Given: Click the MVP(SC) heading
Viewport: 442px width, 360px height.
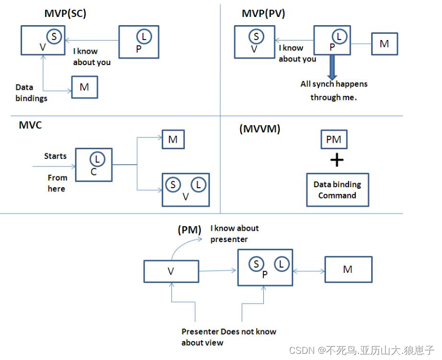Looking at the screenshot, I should [x=65, y=13].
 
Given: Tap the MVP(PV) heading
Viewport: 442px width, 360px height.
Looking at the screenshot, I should [x=263, y=13].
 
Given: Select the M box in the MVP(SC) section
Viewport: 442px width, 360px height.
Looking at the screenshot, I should [x=84, y=87].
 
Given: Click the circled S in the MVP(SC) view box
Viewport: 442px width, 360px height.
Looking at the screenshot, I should [x=54, y=37].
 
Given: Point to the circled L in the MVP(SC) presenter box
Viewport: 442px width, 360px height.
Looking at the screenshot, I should [x=144, y=37].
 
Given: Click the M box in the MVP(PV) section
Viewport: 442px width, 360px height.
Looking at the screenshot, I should [x=384, y=44].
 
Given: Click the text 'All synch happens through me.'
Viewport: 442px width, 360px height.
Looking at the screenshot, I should [x=334, y=90].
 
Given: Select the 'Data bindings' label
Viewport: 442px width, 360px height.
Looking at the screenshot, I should [x=31, y=93].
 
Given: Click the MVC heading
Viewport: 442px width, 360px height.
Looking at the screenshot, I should [x=30, y=125].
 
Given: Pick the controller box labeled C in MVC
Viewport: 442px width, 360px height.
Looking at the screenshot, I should [x=94, y=165].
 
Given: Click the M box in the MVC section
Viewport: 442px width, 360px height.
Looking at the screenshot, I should [x=173, y=139].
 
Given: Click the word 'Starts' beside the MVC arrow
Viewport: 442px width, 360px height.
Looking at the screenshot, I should [x=55, y=156].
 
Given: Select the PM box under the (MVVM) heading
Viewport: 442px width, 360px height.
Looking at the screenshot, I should [x=334, y=139].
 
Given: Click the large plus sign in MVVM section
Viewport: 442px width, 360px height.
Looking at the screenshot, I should [x=336, y=161].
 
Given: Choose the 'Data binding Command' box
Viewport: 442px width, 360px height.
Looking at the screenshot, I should [x=337, y=190].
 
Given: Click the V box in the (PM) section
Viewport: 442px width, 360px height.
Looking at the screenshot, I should [x=171, y=271].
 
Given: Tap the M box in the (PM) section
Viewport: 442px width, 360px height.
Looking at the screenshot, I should [x=348, y=269].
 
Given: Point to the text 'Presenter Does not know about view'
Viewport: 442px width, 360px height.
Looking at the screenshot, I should [x=228, y=337].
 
